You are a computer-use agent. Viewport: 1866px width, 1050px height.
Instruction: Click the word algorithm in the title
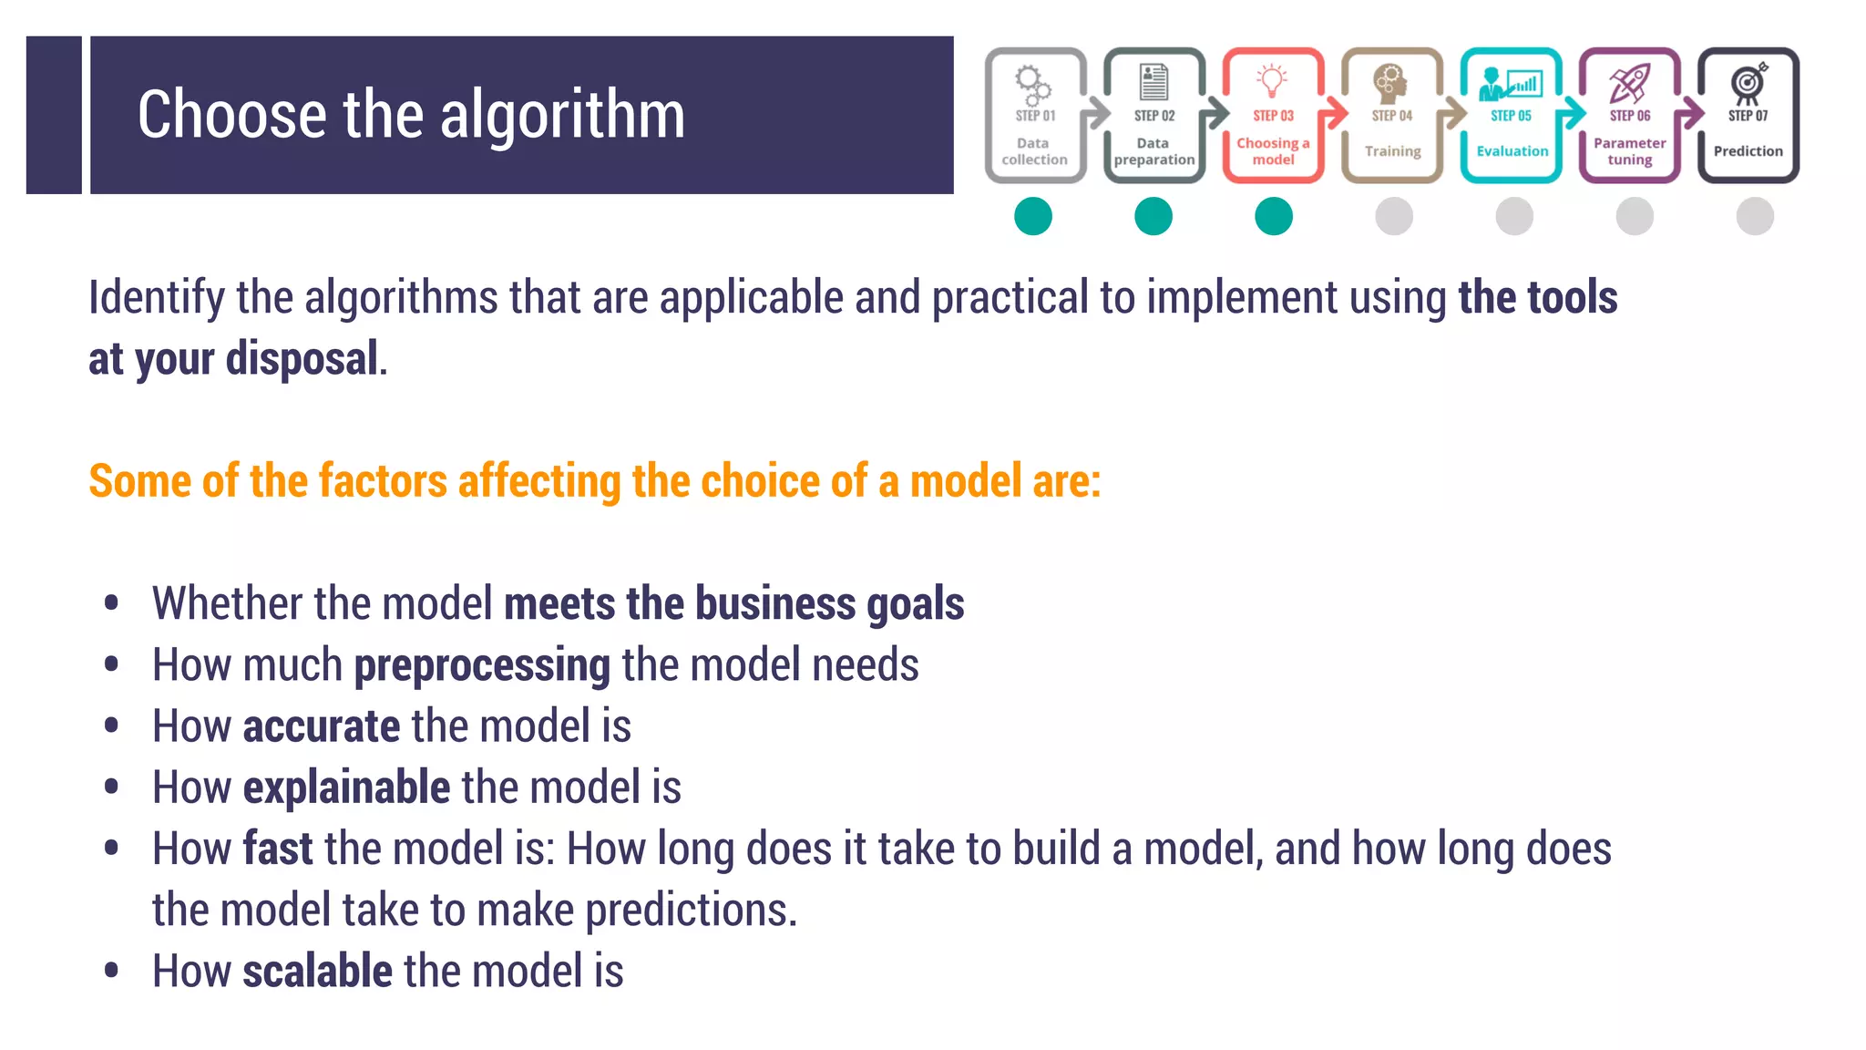pyautogui.click(x=562, y=116)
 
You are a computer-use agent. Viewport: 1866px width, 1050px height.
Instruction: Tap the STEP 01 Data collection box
pyautogui.click(x=1035, y=116)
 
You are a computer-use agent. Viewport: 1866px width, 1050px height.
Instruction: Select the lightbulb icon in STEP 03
pyautogui.click(x=1272, y=80)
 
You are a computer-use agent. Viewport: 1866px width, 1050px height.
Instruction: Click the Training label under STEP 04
pyautogui.click(x=1392, y=151)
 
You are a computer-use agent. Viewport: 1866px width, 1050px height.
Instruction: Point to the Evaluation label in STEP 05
pyautogui.click(x=1512, y=151)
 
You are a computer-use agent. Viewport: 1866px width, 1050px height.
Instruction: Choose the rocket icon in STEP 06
pyautogui.click(x=1629, y=82)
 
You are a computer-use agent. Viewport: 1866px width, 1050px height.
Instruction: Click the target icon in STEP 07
pyautogui.click(x=1748, y=82)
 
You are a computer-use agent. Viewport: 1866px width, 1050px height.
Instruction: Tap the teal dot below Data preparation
pyautogui.click(x=1153, y=217)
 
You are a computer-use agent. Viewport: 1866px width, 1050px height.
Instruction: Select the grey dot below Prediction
pyautogui.click(x=1755, y=217)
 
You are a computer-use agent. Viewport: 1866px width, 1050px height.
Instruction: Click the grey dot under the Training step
pyautogui.click(x=1394, y=217)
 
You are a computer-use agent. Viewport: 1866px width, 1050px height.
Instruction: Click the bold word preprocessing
pyautogui.click(x=482, y=665)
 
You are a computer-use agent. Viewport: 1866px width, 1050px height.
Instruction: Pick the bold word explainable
pyautogui.click(x=346, y=787)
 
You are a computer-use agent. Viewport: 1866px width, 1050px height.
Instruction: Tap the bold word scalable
pyautogui.click(x=317, y=971)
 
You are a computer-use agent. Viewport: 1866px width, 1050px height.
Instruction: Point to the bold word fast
pyautogui.click(x=277, y=849)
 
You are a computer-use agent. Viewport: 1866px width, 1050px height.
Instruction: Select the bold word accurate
pyautogui.click(x=321, y=726)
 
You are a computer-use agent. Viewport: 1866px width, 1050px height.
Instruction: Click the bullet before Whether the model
pyautogui.click(x=111, y=603)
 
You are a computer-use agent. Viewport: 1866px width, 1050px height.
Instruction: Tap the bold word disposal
pyautogui.click(x=302, y=358)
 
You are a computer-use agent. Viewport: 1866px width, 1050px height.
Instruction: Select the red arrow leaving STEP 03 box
pyautogui.click(x=1334, y=113)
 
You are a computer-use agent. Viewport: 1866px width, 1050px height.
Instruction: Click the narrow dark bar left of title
pyautogui.click(x=54, y=115)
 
